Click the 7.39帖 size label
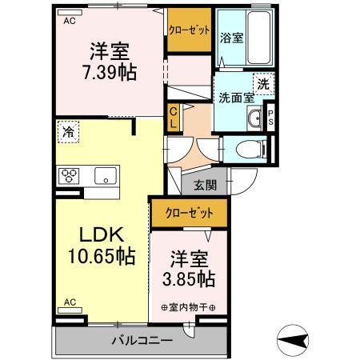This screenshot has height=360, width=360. pos(112,72)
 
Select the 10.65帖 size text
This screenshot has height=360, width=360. pos(101,258)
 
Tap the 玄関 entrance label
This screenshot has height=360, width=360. pos(205,186)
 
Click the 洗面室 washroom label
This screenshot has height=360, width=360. pos(236,98)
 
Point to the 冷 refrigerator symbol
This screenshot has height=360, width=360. pos(69,134)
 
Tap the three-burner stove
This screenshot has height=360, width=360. pos(68,175)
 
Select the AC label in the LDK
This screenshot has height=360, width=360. pos(69,302)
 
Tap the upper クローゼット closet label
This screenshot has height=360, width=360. pos(189,30)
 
